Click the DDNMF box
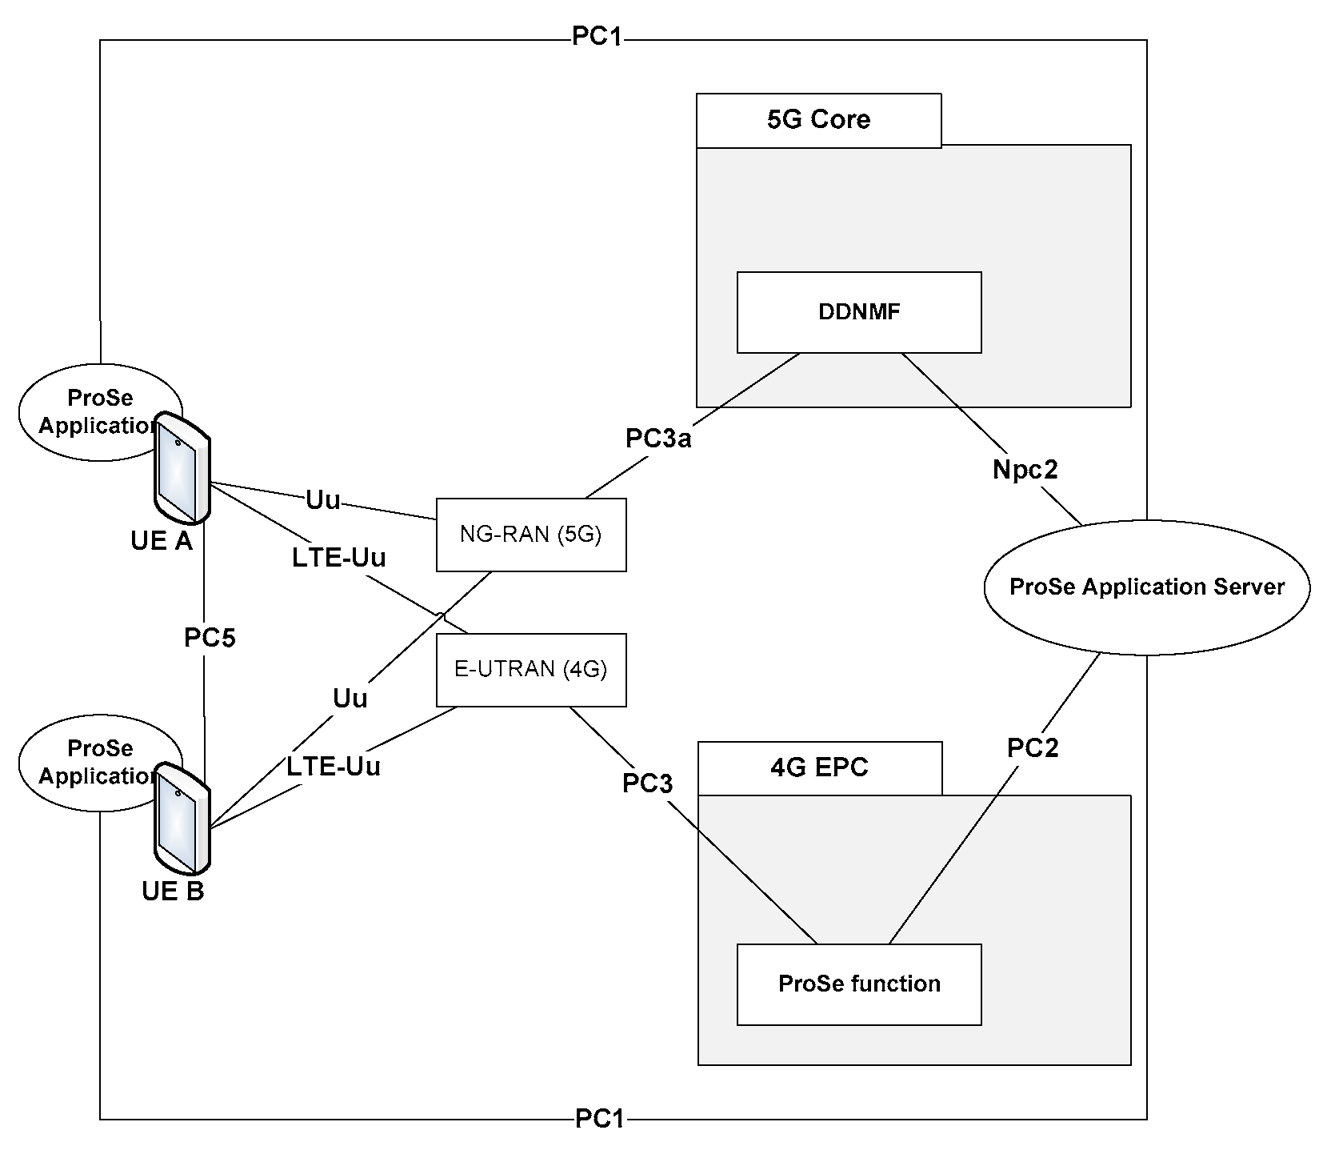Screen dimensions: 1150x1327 [x=858, y=312]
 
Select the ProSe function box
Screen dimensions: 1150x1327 [x=858, y=984]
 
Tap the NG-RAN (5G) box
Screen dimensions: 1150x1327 [x=530, y=535]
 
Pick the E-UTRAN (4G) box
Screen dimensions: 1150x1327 [x=530, y=670]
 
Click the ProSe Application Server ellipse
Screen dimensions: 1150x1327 [x=1146, y=587]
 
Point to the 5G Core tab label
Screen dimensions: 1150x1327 [x=818, y=120]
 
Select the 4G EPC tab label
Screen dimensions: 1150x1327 [x=819, y=768]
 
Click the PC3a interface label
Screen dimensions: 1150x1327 [x=658, y=439]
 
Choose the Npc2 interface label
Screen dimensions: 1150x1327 [x=1025, y=470]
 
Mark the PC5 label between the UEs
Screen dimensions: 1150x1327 [x=210, y=638]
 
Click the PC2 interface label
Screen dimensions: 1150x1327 [x=1032, y=748]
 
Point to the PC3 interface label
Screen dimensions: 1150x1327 [x=647, y=784]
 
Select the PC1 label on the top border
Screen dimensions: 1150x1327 [x=597, y=38]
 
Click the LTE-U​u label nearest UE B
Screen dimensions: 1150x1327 [x=334, y=767]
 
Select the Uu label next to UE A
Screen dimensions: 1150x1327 [x=323, y=501]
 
